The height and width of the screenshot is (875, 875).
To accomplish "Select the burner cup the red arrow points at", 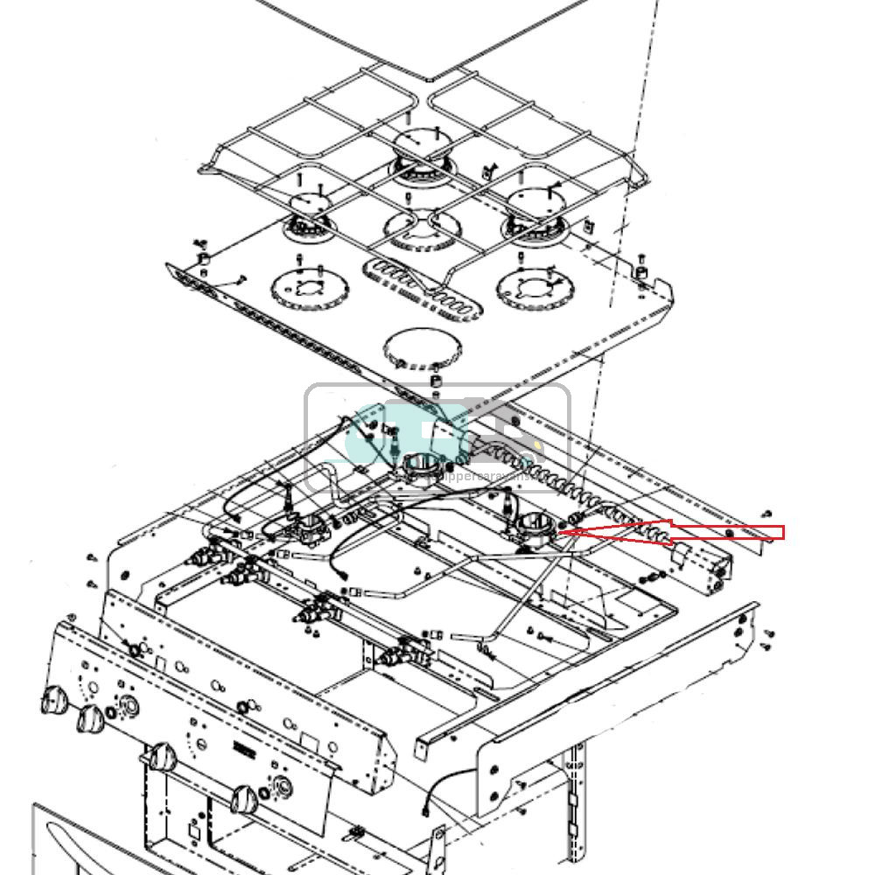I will click(531, 528).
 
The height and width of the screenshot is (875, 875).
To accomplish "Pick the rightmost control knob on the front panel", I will click(244, 798).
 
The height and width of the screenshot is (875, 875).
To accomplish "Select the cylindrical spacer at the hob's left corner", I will click(204, 260).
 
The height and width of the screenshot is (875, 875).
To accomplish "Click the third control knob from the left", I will click(162, 757).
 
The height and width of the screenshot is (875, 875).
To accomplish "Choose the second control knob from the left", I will click(90, 719).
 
